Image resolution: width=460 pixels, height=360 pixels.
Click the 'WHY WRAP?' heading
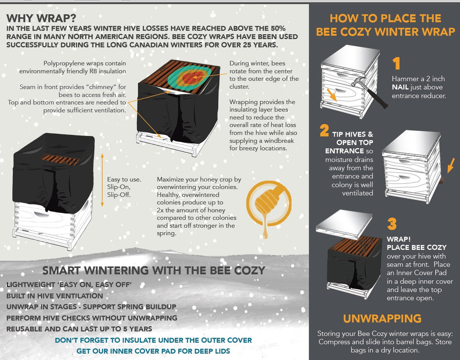[x=41, y=18]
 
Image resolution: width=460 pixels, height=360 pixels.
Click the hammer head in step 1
[x=358, y=82]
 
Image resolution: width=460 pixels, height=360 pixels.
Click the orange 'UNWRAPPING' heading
[x=382, y=319]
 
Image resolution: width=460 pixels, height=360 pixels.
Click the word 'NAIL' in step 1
[x=400, y=87]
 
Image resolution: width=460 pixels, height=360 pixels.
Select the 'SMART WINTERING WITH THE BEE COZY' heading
[x=153, y=270]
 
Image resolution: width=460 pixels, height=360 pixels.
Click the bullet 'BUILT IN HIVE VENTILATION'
[x=54, y=296]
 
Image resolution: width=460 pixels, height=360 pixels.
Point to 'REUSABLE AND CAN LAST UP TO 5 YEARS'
[x=79, y=329]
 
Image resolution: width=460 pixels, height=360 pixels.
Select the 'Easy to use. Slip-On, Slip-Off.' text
[x=124, y=187]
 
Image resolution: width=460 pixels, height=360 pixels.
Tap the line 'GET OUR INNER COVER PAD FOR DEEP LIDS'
[x=153, y=351]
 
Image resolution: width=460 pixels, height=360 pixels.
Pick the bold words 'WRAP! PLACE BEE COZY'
[x=416, y=243]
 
